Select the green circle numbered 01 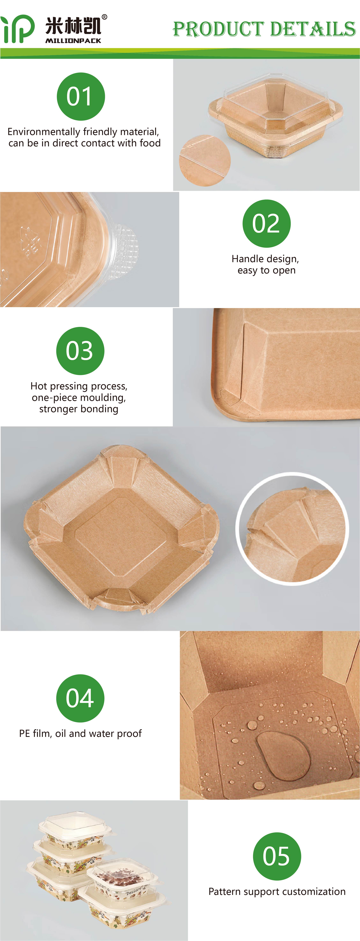point(81,96)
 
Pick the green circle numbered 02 point(267,224)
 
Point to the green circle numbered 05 point(277,856)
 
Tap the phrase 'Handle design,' point(265,259)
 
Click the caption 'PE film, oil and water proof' point(80,734)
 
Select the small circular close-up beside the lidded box point(205,160)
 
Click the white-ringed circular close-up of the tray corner point(292,529)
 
